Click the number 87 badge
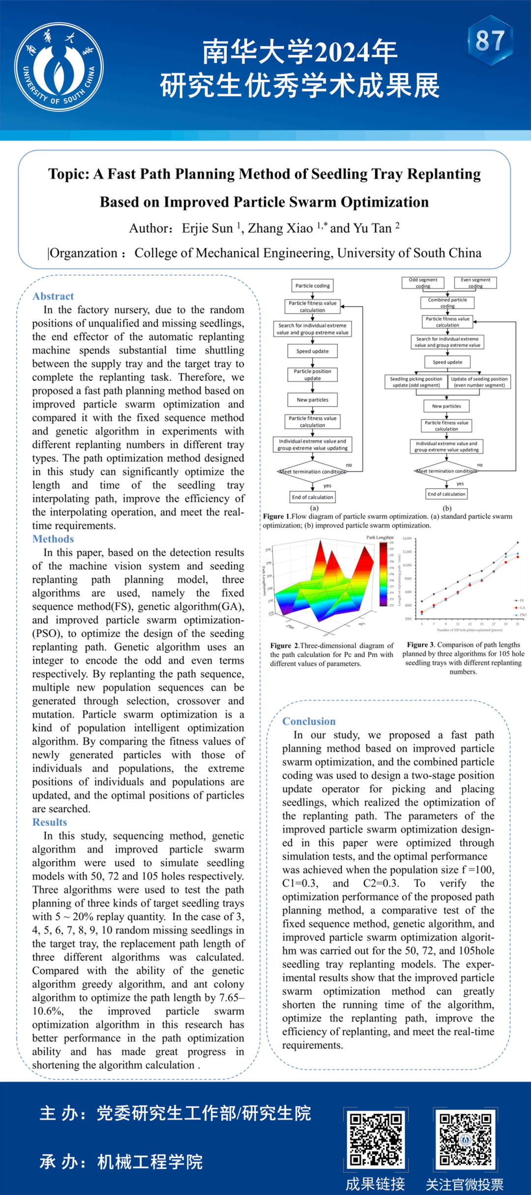click(490, 41)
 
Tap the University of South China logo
click(59, 67)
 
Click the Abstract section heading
click(53, 296)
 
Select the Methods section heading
click(53, 539)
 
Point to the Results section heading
click(50, 822)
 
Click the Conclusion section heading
click(309, 721)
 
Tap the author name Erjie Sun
click(207, 228)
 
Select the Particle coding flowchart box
click(313, 286)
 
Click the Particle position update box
click(313, 375)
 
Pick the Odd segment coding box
click(423, 283)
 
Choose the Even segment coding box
click(475, 283)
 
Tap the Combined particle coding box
click(447, 303)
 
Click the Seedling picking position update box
click(416, 382)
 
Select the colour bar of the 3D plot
click(383, 574)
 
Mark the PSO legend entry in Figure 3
click(521, 615)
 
